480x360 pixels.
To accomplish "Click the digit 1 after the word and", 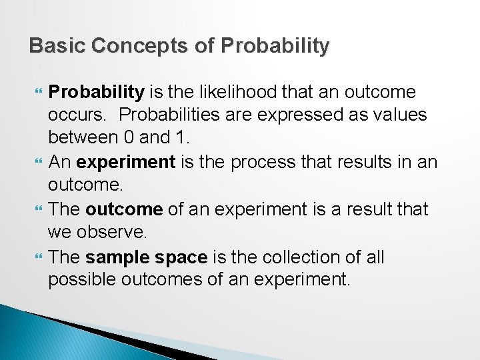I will [186, 138].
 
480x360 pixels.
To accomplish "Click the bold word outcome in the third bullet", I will [124, 209].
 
